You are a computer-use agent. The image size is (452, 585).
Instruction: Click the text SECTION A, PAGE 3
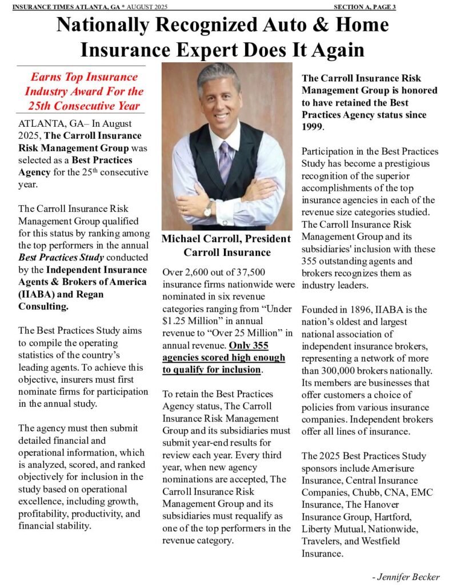tap(365, 7)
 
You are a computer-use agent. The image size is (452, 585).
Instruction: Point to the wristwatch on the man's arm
tap(208, 209)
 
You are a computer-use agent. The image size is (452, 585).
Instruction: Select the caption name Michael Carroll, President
tap(226, 238)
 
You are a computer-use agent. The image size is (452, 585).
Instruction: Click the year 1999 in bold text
tap(312, 127)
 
